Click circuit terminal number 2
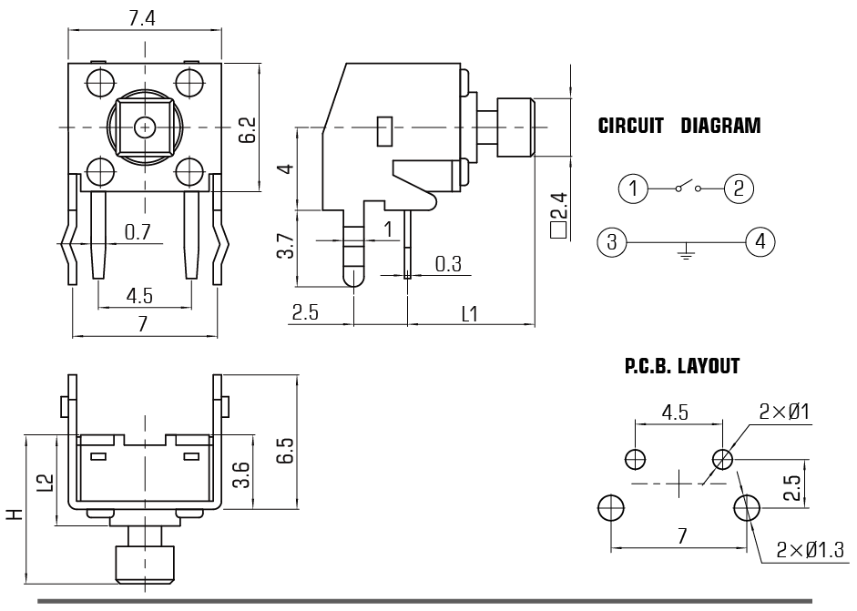(739, 188)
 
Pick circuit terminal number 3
(612, 242)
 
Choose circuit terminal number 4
(759, 242)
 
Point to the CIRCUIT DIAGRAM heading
(678, 127)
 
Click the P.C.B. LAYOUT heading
(682, 366)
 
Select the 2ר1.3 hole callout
(809, 551)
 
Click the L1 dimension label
(470, 314)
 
